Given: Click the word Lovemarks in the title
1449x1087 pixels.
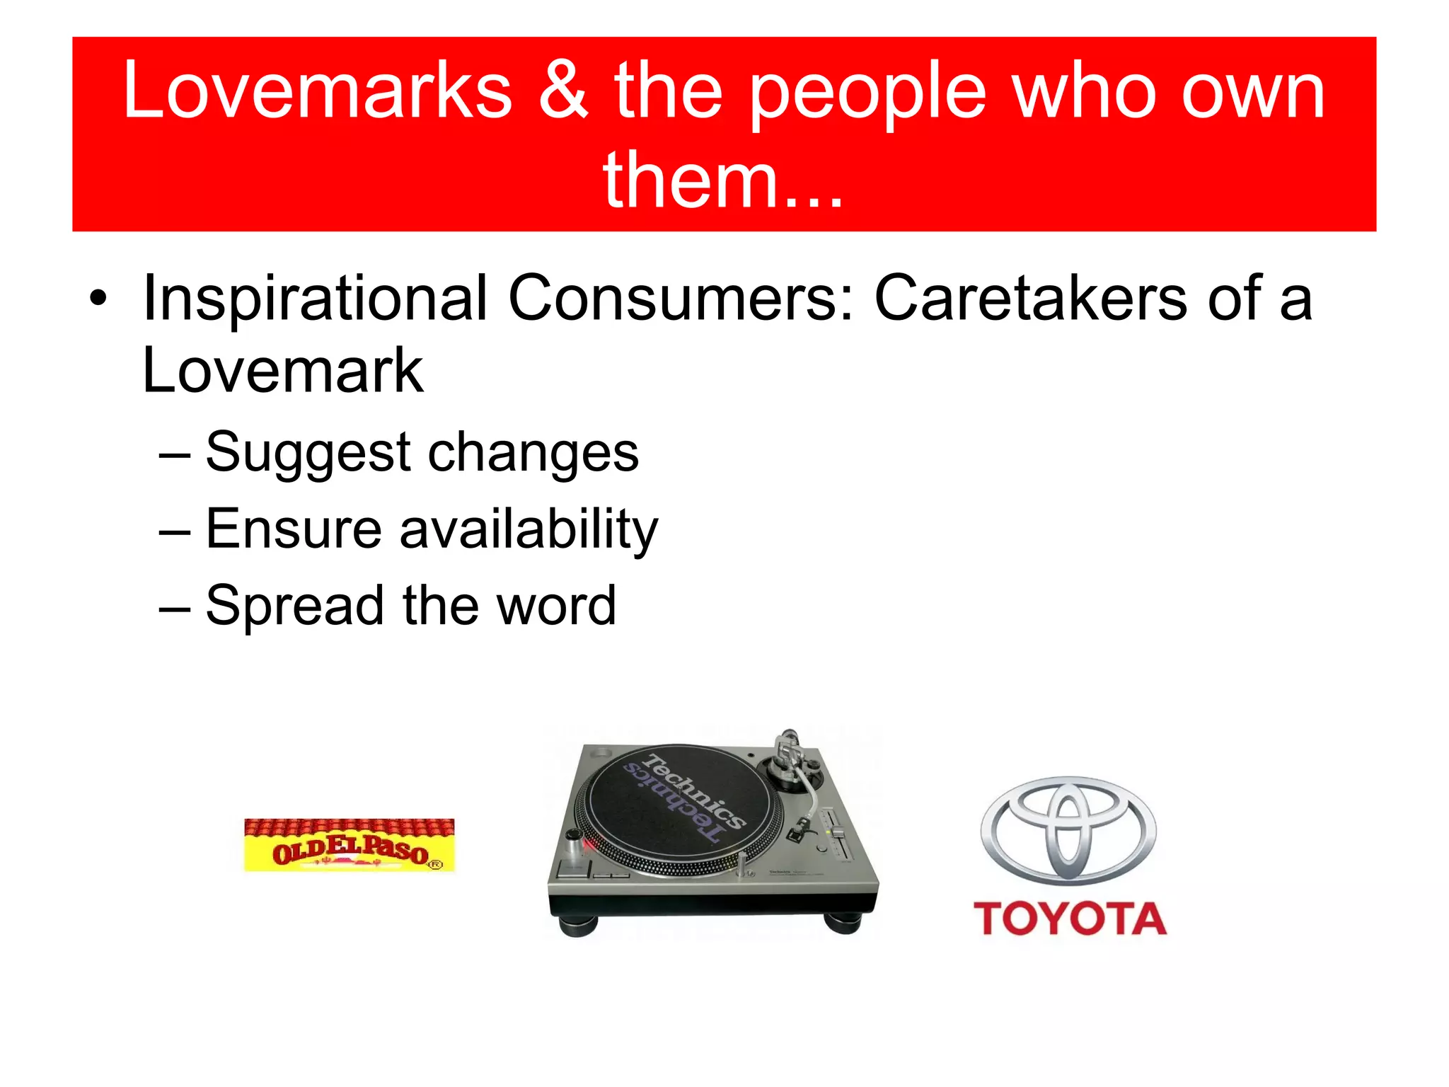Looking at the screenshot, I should (x=318, y=91).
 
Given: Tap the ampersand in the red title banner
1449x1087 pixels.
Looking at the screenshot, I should (x=563, y=91).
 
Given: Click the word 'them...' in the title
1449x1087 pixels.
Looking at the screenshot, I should (x=723, y=181).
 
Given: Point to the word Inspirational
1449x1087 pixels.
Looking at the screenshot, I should (x=315, y=299).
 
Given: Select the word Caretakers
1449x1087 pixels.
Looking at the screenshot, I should (x=1030, y=299).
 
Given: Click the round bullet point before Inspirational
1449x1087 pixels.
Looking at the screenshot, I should (x=98, y=299).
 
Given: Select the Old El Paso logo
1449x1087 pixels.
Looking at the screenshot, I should (x=349, y=845).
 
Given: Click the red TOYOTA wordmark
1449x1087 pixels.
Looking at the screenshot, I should (x=1069, y=919).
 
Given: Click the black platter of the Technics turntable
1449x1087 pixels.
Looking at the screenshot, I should (x=679, y=807).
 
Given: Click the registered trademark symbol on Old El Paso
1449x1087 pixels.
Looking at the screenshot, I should (x=436, y=864).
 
